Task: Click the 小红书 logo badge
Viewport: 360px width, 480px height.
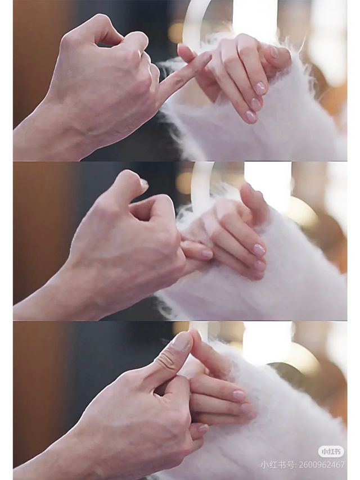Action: click(331, 451)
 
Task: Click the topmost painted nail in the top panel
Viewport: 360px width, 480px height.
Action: click(274, 52)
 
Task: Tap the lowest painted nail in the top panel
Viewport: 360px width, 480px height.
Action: click(251, 116)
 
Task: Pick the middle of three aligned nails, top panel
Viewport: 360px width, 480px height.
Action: click(255, 104)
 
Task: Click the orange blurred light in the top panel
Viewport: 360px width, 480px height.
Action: click(175, 33)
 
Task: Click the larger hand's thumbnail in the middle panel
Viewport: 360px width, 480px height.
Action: click(143, 183)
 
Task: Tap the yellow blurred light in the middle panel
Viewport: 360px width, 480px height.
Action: click(184, 183)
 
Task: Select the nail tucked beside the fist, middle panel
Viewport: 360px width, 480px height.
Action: click(207, 254)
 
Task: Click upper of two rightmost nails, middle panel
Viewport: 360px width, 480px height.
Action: click(259, 249)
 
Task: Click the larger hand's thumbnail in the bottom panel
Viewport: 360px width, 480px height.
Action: click(181, 341)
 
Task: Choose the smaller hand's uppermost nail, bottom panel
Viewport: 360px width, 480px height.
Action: click(239, 395)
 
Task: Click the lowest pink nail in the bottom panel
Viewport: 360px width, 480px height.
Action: click(202, 428)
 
